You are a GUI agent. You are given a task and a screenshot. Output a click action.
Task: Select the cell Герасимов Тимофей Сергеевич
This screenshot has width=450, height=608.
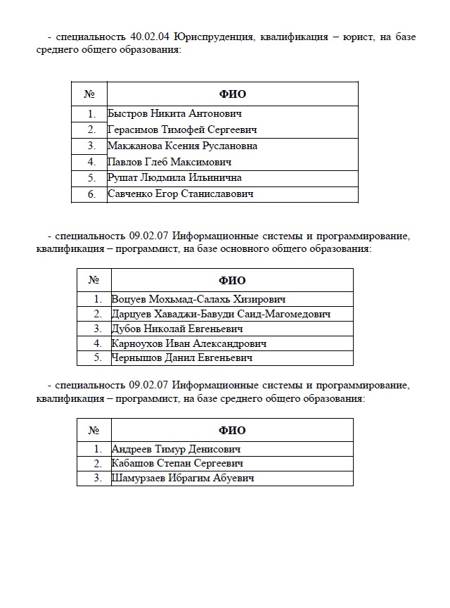[x=182, y=129]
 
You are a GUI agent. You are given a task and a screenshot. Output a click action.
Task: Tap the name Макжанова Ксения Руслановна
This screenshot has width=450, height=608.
[x=182, y=146]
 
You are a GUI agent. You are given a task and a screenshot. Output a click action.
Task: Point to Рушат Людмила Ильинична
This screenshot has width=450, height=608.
[x=174, y=178]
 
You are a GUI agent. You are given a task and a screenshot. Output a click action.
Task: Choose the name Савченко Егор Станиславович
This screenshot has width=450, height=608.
[x=180, y=194]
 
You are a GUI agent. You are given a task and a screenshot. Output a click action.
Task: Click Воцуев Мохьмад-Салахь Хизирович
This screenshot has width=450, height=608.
[x=198, y=299]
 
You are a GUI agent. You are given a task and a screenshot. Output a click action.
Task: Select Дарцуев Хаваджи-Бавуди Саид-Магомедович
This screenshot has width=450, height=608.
[x=221, y=314]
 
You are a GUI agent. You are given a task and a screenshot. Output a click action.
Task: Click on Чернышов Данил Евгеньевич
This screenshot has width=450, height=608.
[x=181, y=358]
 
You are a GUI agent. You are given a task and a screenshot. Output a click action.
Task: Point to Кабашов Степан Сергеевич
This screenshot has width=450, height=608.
[x=177, y=464]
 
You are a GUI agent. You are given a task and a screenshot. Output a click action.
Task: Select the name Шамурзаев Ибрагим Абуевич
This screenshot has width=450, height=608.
[x=182, y=479]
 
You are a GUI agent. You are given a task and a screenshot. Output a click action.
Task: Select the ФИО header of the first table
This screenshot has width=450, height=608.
[x=233, y=94]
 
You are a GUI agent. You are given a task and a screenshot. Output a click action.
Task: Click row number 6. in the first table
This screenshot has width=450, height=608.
[x=91, y=194]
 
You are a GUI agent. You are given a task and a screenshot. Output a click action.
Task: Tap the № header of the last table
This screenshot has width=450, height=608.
[x=93, y=430]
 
